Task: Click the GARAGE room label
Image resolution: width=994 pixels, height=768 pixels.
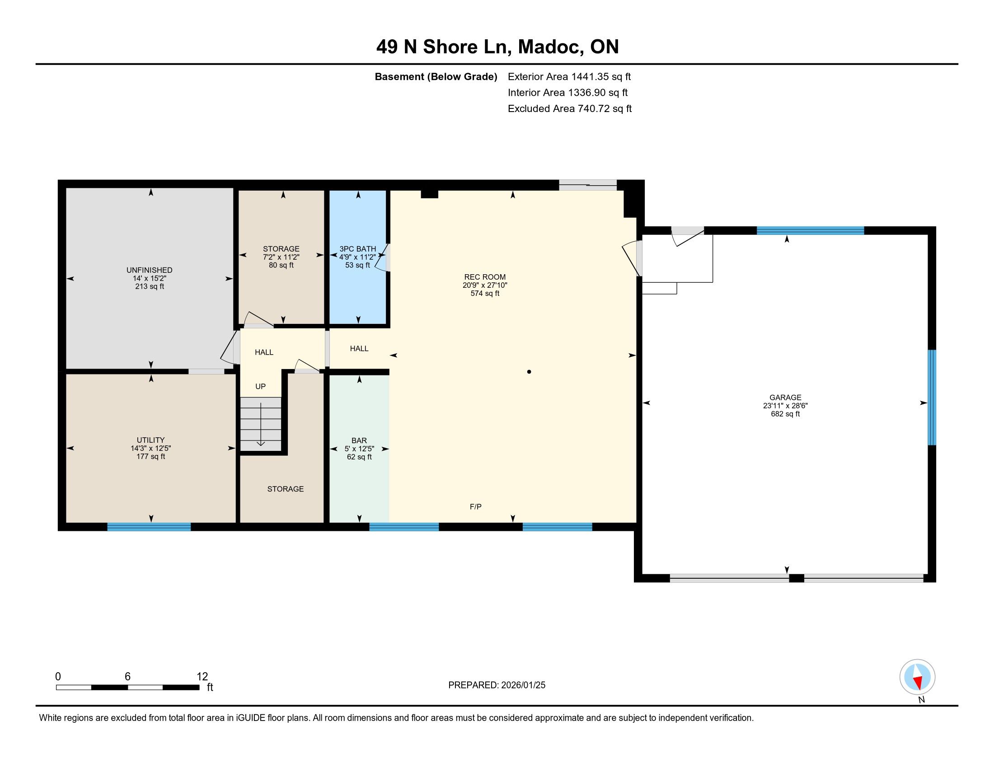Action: [x=785, y=397]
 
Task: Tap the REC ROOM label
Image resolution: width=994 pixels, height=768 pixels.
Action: [x=485, y=277]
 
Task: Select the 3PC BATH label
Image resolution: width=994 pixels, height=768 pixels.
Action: [x=358, y=249]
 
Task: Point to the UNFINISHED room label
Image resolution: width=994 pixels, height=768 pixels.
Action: [x=149, y=270]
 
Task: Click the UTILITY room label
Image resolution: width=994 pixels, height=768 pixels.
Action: [x=150, y=440]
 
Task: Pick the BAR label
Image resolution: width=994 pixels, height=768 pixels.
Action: [x=359, y=440]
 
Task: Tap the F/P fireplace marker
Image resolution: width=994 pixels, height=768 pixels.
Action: [x=476, y=506]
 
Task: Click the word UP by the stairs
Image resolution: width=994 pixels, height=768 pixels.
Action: [x=260, y=386]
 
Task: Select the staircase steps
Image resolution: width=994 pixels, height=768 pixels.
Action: [x=260, y=424]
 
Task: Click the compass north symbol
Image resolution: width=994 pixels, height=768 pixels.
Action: [x=917, y=677]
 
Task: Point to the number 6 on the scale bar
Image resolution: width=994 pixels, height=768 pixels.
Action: [x=127, y=677]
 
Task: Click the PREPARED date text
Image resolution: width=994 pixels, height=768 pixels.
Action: [x=497, y=685]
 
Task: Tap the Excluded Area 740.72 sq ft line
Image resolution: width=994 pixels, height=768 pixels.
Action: [x=570, y=109]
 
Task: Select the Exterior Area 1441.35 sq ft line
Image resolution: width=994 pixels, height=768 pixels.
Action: [x=569, y=77]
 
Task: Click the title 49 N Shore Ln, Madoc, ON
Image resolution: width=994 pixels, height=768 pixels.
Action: [x=497, y=47]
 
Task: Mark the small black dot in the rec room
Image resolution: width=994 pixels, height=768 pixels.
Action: [x=529, y=372]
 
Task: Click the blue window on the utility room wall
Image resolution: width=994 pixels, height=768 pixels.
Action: [x=149, y=527]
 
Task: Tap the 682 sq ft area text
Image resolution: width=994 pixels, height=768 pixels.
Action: [x=785, y=414]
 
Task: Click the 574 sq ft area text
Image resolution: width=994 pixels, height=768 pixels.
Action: [x=485, y=294]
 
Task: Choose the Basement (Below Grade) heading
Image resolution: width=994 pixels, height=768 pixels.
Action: [x=436, y=77]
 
